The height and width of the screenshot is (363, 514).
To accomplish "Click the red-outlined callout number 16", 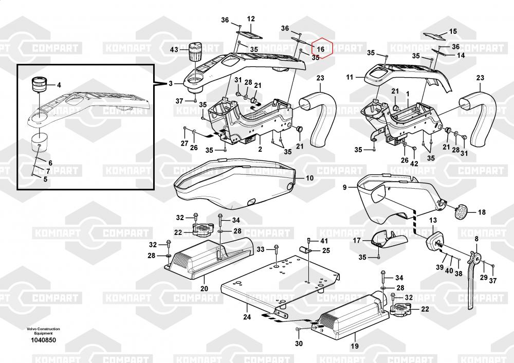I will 320,49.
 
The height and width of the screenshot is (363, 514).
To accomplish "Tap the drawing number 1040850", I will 43,340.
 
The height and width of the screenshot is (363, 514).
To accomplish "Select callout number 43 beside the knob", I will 174,50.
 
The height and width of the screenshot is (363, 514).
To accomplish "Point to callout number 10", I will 309,178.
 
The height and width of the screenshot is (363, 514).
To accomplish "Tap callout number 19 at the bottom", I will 354,346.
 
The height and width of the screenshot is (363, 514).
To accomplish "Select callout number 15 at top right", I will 453,31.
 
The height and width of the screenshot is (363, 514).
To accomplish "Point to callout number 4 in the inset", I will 59,85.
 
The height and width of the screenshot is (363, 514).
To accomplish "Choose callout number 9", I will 345,188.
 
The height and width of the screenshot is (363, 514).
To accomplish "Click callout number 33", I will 261,249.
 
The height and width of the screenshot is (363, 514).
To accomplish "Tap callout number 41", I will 324,241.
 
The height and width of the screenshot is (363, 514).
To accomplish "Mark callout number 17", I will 357,240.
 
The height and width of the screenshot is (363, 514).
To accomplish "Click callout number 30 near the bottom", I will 299,343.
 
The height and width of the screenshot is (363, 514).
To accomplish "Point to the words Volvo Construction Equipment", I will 43,331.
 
